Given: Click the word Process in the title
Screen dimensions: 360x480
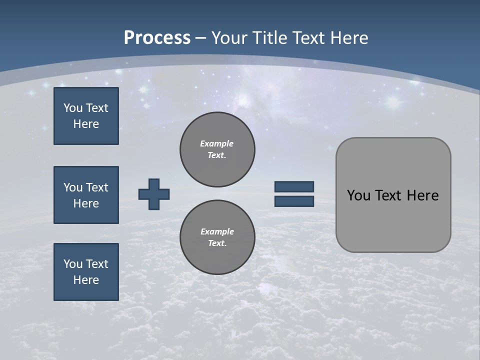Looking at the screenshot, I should coord(157,38).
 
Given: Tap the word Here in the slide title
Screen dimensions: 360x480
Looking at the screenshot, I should coord(348,38).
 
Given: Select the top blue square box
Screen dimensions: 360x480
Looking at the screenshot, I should coord(86,116).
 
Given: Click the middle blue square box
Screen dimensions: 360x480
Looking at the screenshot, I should coord(86,195).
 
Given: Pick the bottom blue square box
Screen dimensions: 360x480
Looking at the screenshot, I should coord(86,271).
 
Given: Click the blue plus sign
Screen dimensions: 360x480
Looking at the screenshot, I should coord(154,194).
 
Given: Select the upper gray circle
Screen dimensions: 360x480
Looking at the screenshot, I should coord(217,149).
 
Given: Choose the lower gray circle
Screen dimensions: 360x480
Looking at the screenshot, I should coord(217,237).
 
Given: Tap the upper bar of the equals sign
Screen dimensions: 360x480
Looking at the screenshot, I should coord(294,186).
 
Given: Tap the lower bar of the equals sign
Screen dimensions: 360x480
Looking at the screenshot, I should coord(294,201).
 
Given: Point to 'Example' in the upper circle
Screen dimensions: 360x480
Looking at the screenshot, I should coord(217,143).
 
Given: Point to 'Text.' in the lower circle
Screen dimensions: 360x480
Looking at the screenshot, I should coord(217,243).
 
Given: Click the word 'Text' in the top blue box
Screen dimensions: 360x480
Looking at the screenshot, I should coord(97,108).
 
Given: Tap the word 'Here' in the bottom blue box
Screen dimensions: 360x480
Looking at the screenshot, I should coord(86,280).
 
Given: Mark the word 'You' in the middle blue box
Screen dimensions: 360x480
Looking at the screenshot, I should coord(73,187).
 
